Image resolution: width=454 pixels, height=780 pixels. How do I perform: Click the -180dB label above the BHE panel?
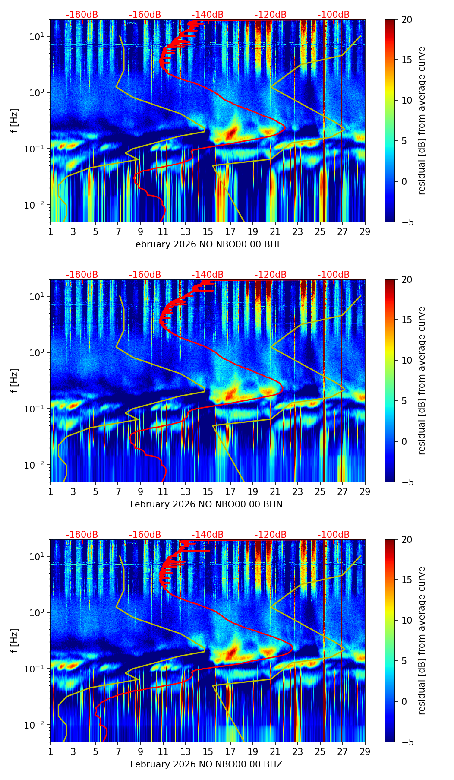click(x=82, y=15)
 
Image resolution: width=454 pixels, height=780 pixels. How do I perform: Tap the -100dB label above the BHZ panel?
click(x=334, y=535)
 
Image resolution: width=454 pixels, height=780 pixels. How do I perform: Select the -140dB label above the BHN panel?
click(x=208, y=275)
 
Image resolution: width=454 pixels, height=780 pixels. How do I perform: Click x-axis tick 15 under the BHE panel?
click(x=208, y=231)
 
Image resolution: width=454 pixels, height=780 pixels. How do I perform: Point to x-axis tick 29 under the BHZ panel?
click(x=365, y=751)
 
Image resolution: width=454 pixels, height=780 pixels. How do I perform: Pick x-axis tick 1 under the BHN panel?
click(x=50, y=491)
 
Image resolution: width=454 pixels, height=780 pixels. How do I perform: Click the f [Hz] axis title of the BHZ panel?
click(x=15, y=641)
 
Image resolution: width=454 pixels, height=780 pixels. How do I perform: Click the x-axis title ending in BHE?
click(x=206, y=244)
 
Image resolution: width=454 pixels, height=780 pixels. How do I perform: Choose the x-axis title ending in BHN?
click(x=206, y=504)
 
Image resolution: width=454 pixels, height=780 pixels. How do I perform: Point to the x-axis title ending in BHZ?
click(x=206, y=764)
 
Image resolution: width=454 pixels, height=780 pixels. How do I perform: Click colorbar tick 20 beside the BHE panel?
click(x=407, y=19)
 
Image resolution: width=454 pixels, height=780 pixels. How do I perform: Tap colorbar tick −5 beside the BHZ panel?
click(x=406, y=742)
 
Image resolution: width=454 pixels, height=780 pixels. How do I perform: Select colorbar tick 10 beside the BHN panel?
click(x=407, y=360)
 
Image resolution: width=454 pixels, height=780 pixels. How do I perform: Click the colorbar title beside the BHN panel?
click(x=422, y=380)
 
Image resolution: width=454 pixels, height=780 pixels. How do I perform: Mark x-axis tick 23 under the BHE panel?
click(x=297, y=231)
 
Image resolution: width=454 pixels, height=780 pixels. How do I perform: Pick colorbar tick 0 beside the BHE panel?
click(x=404, y=181)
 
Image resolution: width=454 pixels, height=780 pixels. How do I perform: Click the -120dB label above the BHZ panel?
click(x=271, y=535)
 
